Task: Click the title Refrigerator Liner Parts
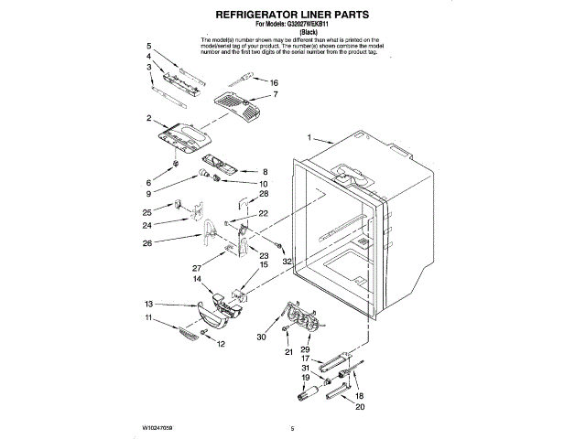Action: pos(291,16)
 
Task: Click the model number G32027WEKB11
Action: pos(309,26)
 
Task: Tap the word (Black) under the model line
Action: pos(291,33)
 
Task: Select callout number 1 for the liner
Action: pos(309,138)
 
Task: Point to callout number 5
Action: pos(149,45)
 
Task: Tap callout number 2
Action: pos(149,118)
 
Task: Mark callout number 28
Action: pos(264,194)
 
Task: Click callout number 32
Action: pos(287,261)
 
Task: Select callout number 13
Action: pos(148,304)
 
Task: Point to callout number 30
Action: pos(261,337)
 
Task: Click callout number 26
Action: pos(148,242)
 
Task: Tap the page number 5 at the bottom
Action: pos(291,428)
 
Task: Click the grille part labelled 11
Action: pos(188,335)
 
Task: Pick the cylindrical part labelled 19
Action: pos(308,397)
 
